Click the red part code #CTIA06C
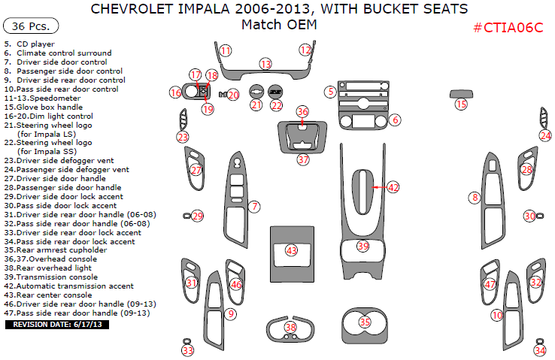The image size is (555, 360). (x=508, y=28)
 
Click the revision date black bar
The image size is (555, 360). (x=58, y=325)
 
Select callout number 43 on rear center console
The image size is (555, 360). (x=291, y=250)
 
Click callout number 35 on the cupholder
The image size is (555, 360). (x=365, y=322)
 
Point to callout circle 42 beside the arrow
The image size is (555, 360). (x=393, y=187)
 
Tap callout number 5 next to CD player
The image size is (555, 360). (x=330, y=92)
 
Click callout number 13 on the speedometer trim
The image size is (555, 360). (x=265, y=64)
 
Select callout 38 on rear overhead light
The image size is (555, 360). (x=291, y=327)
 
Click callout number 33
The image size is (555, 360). (x=187, y=350)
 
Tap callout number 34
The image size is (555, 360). (x=540, y=350)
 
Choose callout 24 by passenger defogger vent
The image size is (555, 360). (x=545, y=135)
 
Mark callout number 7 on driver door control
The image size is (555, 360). (x=255, y=206)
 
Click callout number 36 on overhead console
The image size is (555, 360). (x=302, y=112)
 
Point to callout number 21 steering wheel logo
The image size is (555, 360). (x=256, y=104)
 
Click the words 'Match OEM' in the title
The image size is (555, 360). (x=278, y=25)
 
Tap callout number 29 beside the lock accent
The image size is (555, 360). (x=198, y=216)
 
